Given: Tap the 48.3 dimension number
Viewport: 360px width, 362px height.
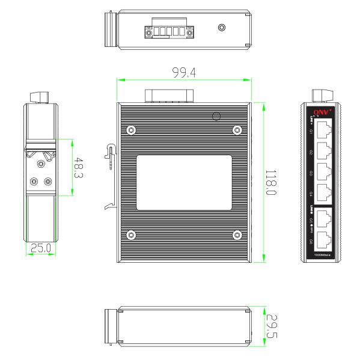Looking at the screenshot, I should (x=78, y=167).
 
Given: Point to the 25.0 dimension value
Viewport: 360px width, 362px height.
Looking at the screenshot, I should (x=41, y=247).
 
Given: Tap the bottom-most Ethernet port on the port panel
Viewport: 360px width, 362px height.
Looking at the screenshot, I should (x=323, y=240).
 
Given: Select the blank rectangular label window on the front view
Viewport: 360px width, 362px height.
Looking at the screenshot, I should (x=184, y=182).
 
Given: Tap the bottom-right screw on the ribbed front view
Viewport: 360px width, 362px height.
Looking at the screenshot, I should (x=237, y=235).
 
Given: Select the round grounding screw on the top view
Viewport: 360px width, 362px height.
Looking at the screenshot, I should (x=222, y=28).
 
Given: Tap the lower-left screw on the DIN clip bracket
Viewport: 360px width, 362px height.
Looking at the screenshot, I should (x=33, y=180).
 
